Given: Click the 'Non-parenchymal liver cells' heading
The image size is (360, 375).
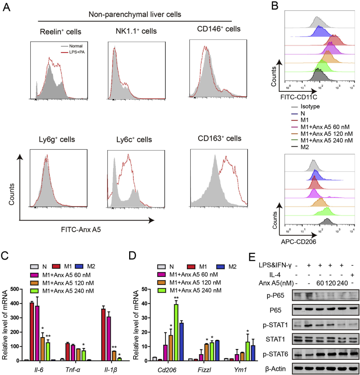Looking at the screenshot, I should [135, 14].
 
